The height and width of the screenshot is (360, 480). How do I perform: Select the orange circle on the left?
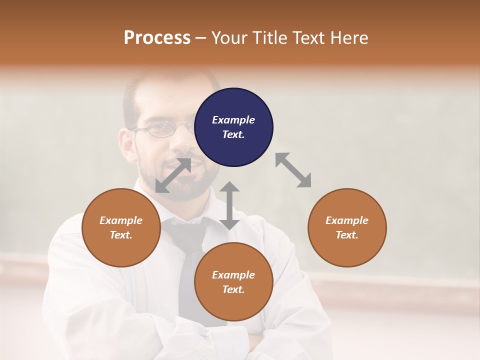point(121,227)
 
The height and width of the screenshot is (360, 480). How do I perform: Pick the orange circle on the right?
point(347,227)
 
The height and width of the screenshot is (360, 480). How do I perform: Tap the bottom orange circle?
point(233,282)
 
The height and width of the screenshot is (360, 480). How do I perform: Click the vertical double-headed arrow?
point(229,205)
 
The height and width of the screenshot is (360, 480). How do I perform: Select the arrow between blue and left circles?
point(173,175)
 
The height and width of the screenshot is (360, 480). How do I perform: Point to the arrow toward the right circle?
point(293,170)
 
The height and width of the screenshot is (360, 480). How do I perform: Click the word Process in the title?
point(157,38)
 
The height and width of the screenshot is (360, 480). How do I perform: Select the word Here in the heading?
point(350,38)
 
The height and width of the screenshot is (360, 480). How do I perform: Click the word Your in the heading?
point(230,38)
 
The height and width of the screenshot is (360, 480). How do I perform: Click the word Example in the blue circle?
point(233,120)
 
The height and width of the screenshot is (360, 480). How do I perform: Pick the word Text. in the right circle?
point(347,235)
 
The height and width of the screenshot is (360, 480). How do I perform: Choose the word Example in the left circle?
point(121,220)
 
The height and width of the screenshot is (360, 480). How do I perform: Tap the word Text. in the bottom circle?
point(233,289)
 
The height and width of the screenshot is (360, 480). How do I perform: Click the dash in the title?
point(201,38)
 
